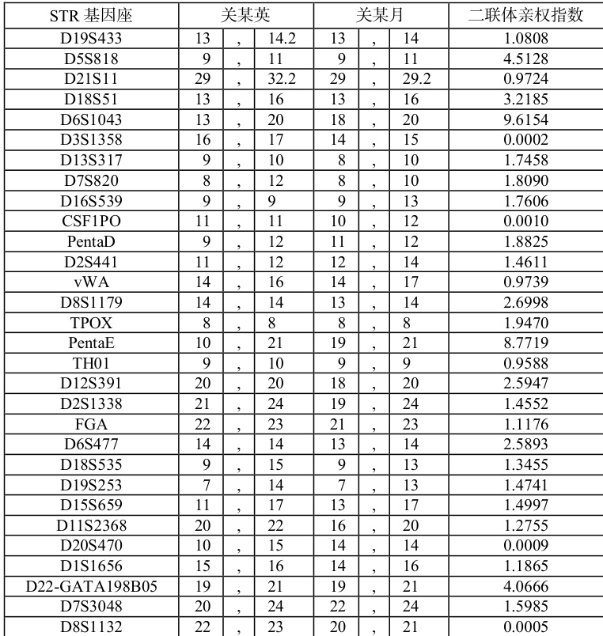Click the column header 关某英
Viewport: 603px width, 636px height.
pos(245,15)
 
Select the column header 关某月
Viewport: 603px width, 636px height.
pos(381,15)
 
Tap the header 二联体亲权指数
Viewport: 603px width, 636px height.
pos(525,15)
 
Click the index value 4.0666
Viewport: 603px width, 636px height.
pos(525,586)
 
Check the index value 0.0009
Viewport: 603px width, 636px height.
pos(525,545)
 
